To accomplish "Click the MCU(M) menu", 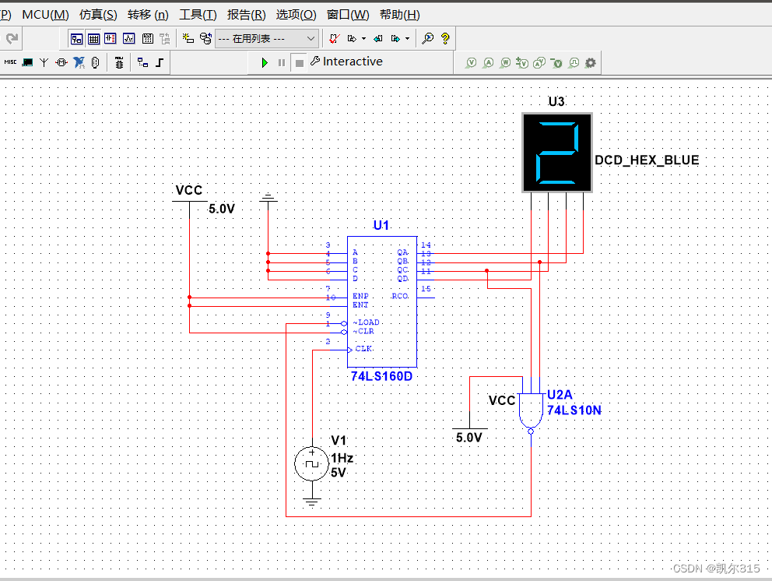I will [x=45, y=15].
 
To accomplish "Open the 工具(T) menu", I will [x=198, y=15].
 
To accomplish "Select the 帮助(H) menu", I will [x=399, y=15].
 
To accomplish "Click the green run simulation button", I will [x=265, y=62].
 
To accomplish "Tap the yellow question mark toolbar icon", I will [x=445, y=38].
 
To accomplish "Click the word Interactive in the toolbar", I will [x=353, y=62].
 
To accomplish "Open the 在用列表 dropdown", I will [x=267, y=38].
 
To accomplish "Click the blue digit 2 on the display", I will [x=556, y=152].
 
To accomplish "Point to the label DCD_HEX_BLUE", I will [x=647, y=160].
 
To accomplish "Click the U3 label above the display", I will [x=556, y=102].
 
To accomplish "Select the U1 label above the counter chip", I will [x=381, y=225].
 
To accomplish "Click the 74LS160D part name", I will [x=381, y=376].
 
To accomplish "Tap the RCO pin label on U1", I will [x=400, y=296].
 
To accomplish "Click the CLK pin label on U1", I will [x=363, y=349].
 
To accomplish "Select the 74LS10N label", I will [x=574, y=410].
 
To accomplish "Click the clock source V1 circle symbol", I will [x=312, y=464].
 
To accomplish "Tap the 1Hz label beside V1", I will [x=342, y=458].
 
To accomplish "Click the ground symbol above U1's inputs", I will [x=268, y=199].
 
